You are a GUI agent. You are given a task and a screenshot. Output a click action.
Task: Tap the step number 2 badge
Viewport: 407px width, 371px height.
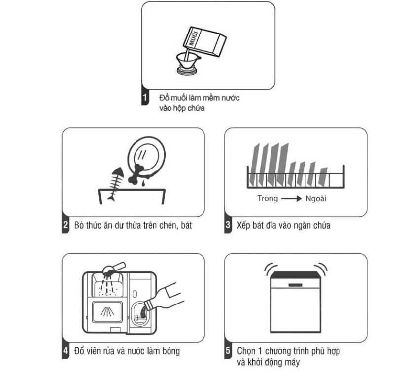coord(65,226)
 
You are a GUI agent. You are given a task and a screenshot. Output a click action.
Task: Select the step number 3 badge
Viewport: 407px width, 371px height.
coord(227,226)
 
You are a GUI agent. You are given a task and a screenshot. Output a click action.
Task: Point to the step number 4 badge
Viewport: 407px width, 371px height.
coord(65,351)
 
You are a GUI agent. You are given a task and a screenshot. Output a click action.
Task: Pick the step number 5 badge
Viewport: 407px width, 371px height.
coord(227,351)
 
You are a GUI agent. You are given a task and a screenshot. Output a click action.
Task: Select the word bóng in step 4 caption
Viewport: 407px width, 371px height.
coord(169,351)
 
